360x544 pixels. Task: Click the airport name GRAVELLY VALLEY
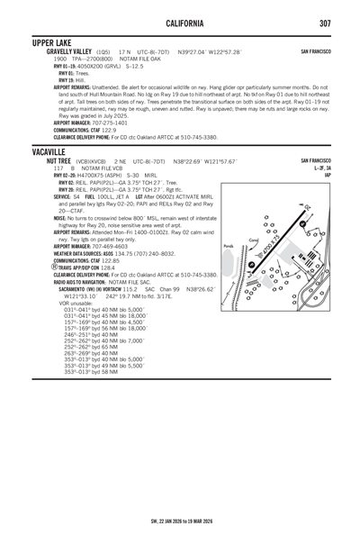pyautogui.click(x=58, y=52)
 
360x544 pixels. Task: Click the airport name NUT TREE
pyautogui.click(x=47, y=161)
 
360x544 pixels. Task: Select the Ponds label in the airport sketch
pyautogui.click(x=227, y=246)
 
